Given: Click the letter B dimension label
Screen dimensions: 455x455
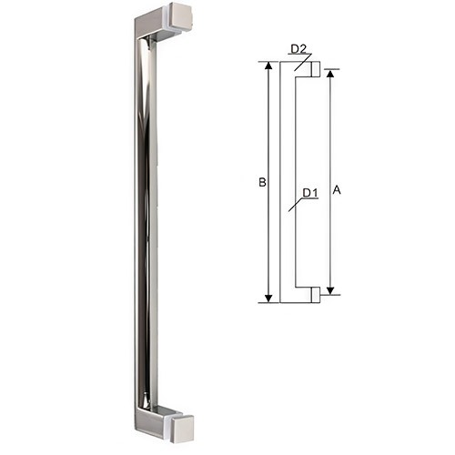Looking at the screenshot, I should (x=261, y=183).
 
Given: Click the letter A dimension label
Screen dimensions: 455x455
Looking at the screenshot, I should (x=337, y=190).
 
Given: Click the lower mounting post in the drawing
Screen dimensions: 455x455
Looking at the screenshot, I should (x=314, y=295).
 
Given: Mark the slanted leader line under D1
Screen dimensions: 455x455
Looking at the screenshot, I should (x=293, y=206).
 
